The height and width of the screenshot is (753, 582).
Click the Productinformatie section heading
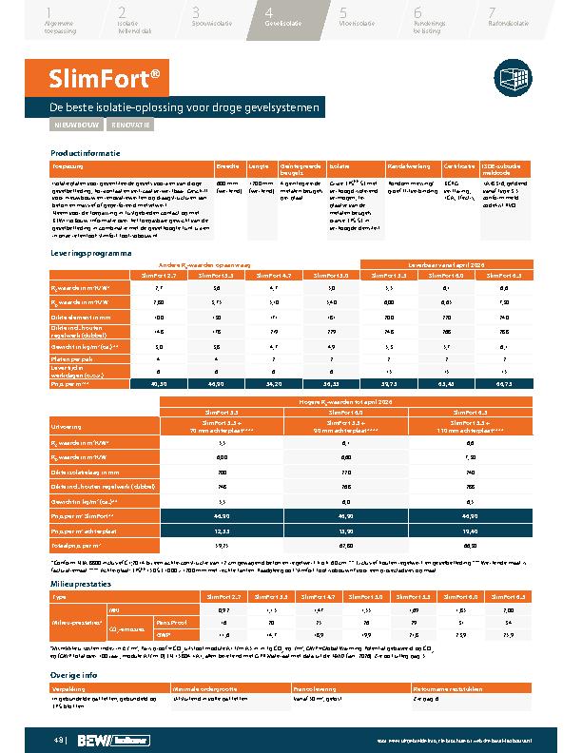tap(86, 153)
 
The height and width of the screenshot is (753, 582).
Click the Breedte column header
tap(227, 165)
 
